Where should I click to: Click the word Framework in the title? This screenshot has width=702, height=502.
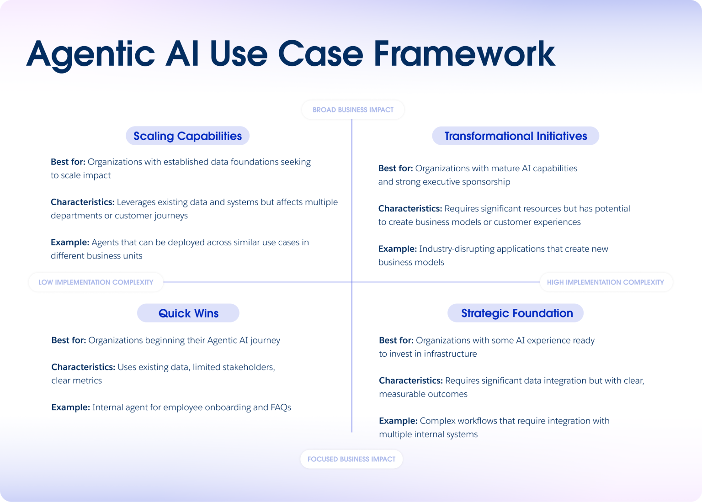464,54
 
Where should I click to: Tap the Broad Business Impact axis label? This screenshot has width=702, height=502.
353,110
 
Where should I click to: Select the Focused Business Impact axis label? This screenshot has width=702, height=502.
351,459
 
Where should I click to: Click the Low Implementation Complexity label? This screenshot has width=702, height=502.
96,282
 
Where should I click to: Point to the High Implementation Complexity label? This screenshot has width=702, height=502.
605,282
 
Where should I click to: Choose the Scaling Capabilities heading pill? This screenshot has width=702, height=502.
187,136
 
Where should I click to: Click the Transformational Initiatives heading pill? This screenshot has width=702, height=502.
516,136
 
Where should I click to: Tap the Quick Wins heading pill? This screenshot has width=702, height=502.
188,313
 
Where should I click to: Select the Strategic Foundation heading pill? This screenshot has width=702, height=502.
516,313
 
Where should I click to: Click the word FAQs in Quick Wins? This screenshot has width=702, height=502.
281,407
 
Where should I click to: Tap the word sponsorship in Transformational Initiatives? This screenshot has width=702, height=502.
486,182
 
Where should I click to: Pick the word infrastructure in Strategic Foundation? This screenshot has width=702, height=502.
450,354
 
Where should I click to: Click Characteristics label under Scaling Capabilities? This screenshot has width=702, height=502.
82,202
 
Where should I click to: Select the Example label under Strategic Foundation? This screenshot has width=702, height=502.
398,421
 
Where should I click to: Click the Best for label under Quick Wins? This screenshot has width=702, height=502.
69,340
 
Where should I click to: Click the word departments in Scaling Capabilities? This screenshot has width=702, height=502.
76,216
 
